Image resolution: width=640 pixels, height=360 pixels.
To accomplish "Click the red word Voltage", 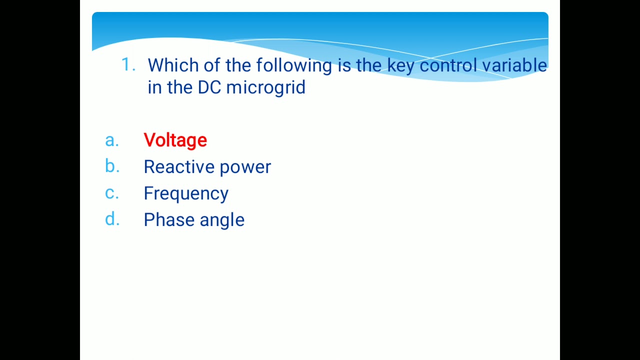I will click(175, 140).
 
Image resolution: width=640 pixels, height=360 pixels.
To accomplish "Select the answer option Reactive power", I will click(207, 167).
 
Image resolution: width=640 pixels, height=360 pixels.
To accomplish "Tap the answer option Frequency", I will click(186, 193).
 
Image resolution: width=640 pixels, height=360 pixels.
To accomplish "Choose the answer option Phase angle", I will click(194, 220).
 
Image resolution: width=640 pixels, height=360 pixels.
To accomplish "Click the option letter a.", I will click(112, 140).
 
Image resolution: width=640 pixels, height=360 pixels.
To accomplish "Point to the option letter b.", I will click(112, 166).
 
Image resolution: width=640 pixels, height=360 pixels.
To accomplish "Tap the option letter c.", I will click(112, 193).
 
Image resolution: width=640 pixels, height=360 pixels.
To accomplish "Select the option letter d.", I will click(112, 219).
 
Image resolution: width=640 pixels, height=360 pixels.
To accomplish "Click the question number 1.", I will click(128, 65).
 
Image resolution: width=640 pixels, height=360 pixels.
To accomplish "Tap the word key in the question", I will click(400, 66).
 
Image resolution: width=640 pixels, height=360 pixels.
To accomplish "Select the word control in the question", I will click(448, 65).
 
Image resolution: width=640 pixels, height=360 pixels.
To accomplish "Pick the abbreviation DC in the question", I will click(209, 87).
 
